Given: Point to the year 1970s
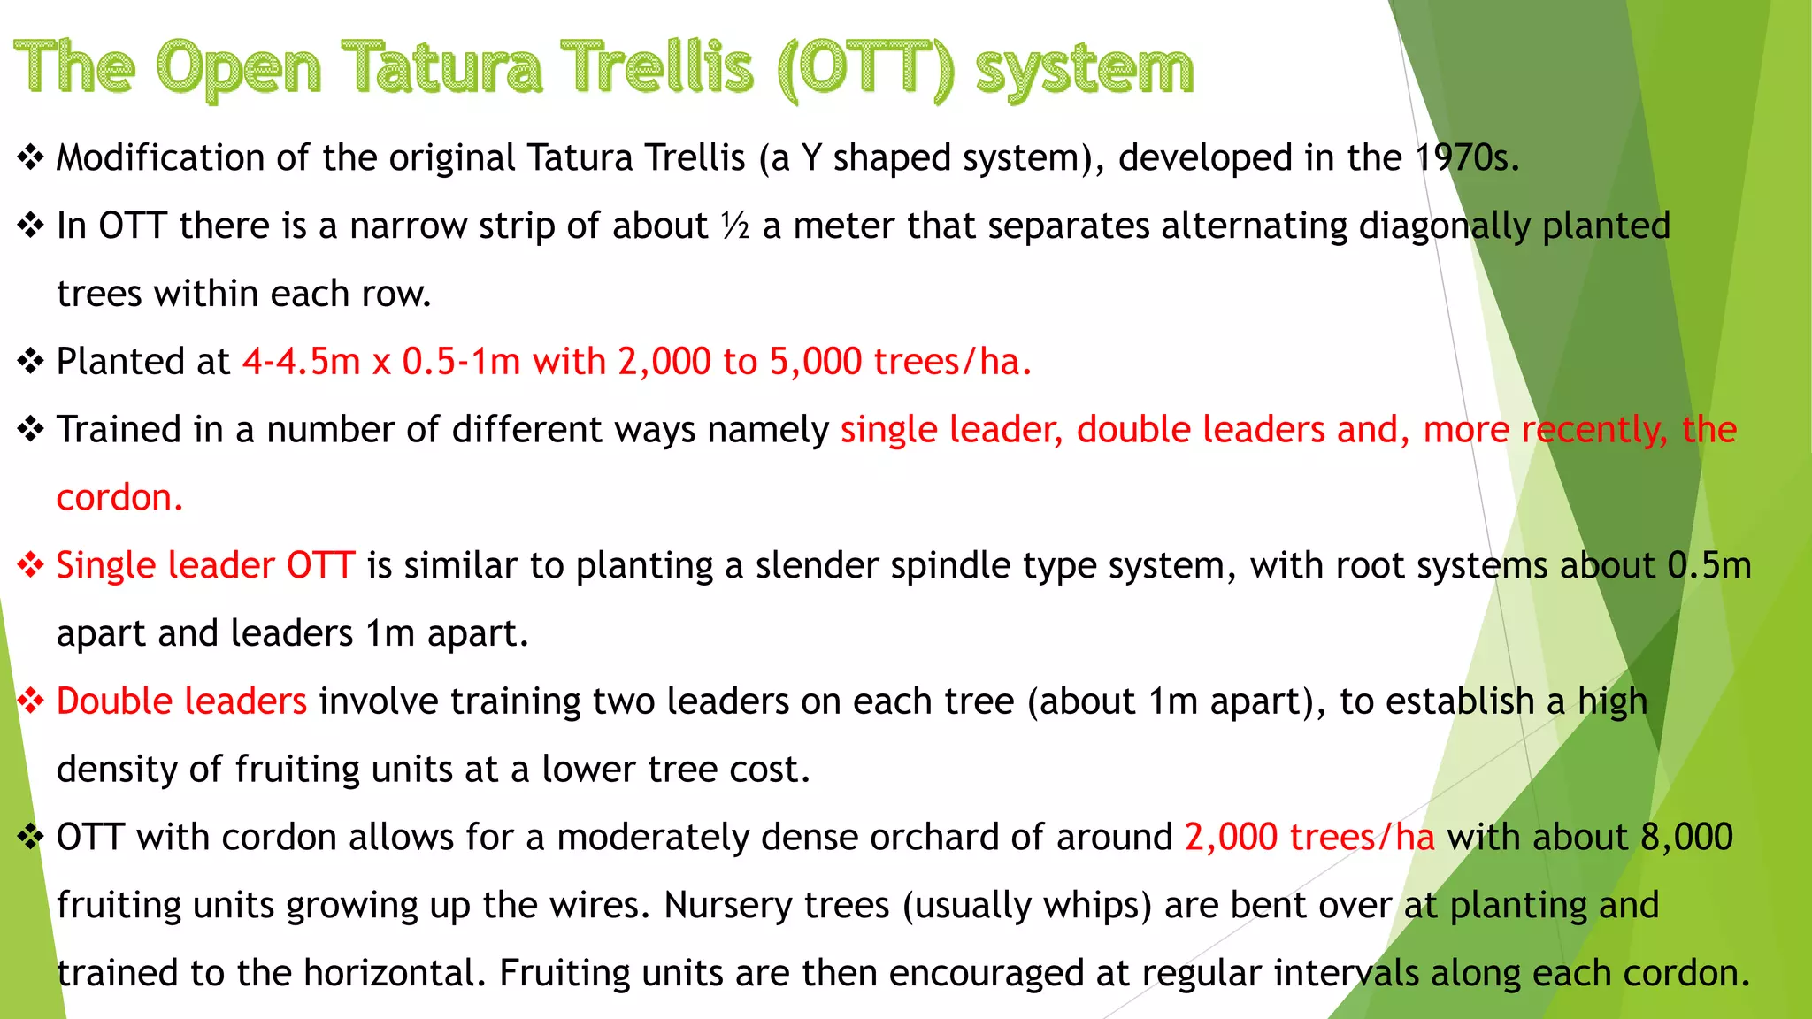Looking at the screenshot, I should pyautogui.click(x=1466, y=158).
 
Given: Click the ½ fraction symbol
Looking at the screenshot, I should pyautogui.click(x=735, y=226).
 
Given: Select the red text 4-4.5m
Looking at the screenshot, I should pyautogui.click(x=302, y=362).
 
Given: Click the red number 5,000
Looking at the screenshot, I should pyautogui.click(x=815, y=362).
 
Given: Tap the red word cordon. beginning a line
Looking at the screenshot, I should pyautogui.click(x=119, y=498).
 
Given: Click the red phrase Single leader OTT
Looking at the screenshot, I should pyautogui.click(x=205, y=566).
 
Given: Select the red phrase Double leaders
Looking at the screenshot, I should pyautogui.click(x=181, y=701).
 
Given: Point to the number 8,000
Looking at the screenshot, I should pyautogui.click(x=1686, y=838).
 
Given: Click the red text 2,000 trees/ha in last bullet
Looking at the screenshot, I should pyautogui.click(x=1309, y=838).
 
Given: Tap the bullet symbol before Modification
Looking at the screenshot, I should pyautogui.click(x=30, y=158).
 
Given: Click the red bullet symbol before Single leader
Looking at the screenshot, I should pyautogui.click(x=30, y=566).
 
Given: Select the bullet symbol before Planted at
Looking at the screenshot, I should pyautogui.click(x=30, y=362).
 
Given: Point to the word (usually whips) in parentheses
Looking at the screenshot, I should pyautogui.click(x=1027, y=906).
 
